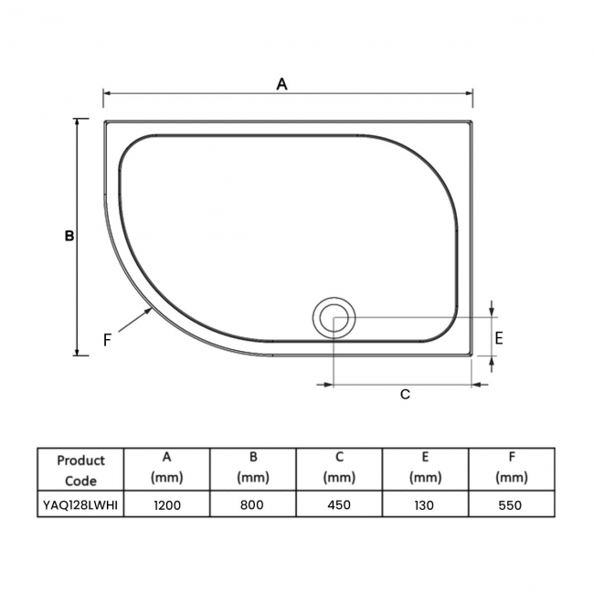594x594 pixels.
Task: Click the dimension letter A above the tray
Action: click(x=282, y=84)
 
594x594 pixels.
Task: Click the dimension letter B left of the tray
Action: click(x=69, y=236)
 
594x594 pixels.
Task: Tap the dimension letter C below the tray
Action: click(x=405, y=394)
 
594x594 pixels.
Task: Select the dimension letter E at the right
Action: click(x=499, y=338)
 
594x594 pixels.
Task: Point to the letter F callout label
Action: click(x=107, y=340)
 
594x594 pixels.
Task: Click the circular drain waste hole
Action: click(x=334, y=319)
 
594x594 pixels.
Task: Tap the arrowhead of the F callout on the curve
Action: click(x=150, y=311)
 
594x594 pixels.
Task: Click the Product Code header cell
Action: click(x=80, y=470)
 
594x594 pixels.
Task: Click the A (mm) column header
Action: click(x=167, y=466)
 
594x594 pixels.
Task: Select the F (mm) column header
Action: click(x=511, y=466)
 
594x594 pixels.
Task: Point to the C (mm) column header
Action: click(x=339, y=466)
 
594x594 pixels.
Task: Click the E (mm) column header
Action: click(x=425, y=466)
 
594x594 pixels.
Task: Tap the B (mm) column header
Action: click(x=253, y=466)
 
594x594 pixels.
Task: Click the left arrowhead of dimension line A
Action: click(x=107, y=92)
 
